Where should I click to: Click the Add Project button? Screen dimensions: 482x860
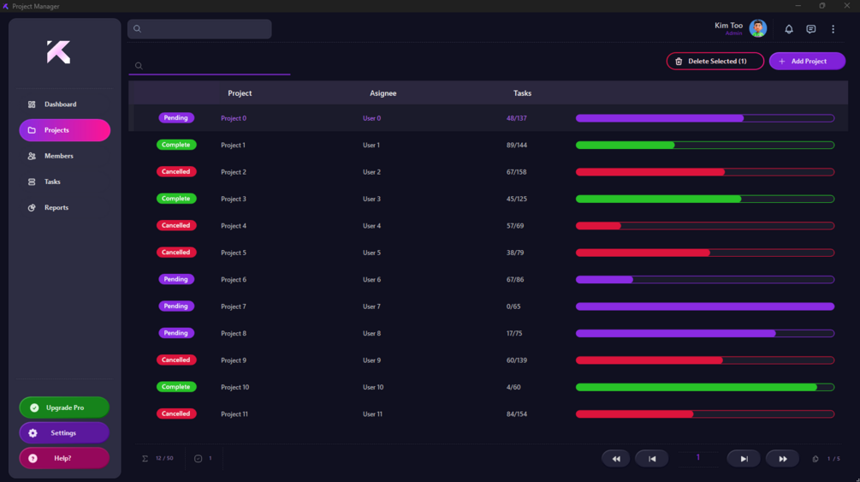(x=807, y=62)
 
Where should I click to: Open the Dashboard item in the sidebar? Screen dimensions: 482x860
(x=60, y=104)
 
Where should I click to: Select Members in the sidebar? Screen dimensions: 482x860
(x=58, y=156)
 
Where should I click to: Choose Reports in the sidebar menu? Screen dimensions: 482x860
(x=56, y=208)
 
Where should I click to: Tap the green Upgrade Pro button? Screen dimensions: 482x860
(x=64, y=408)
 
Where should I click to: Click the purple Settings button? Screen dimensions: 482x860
(x=64, y=433)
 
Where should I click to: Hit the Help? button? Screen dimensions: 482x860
(x=64, y=458)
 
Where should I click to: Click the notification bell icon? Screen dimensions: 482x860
(x=789, y=29)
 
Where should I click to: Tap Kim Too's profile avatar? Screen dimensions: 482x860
(x=757, y=28)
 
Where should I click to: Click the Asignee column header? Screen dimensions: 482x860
(x=383, y=93)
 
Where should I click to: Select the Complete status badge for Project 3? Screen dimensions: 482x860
(x=176, y=199)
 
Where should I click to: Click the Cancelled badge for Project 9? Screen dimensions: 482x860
(x=176, y=360)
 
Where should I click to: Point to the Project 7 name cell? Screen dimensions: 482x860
(x=234, y=306)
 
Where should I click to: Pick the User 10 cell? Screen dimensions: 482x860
(x=373, y=387)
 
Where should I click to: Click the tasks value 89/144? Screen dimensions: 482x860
(x=516, y=146)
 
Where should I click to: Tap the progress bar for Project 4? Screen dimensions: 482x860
(x=704, y=226)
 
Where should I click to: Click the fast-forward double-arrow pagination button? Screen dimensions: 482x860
(x=782, y=459)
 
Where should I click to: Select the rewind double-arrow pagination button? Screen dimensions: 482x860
(x=615, y=459)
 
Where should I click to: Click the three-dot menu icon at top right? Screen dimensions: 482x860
(x=833, y=29)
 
